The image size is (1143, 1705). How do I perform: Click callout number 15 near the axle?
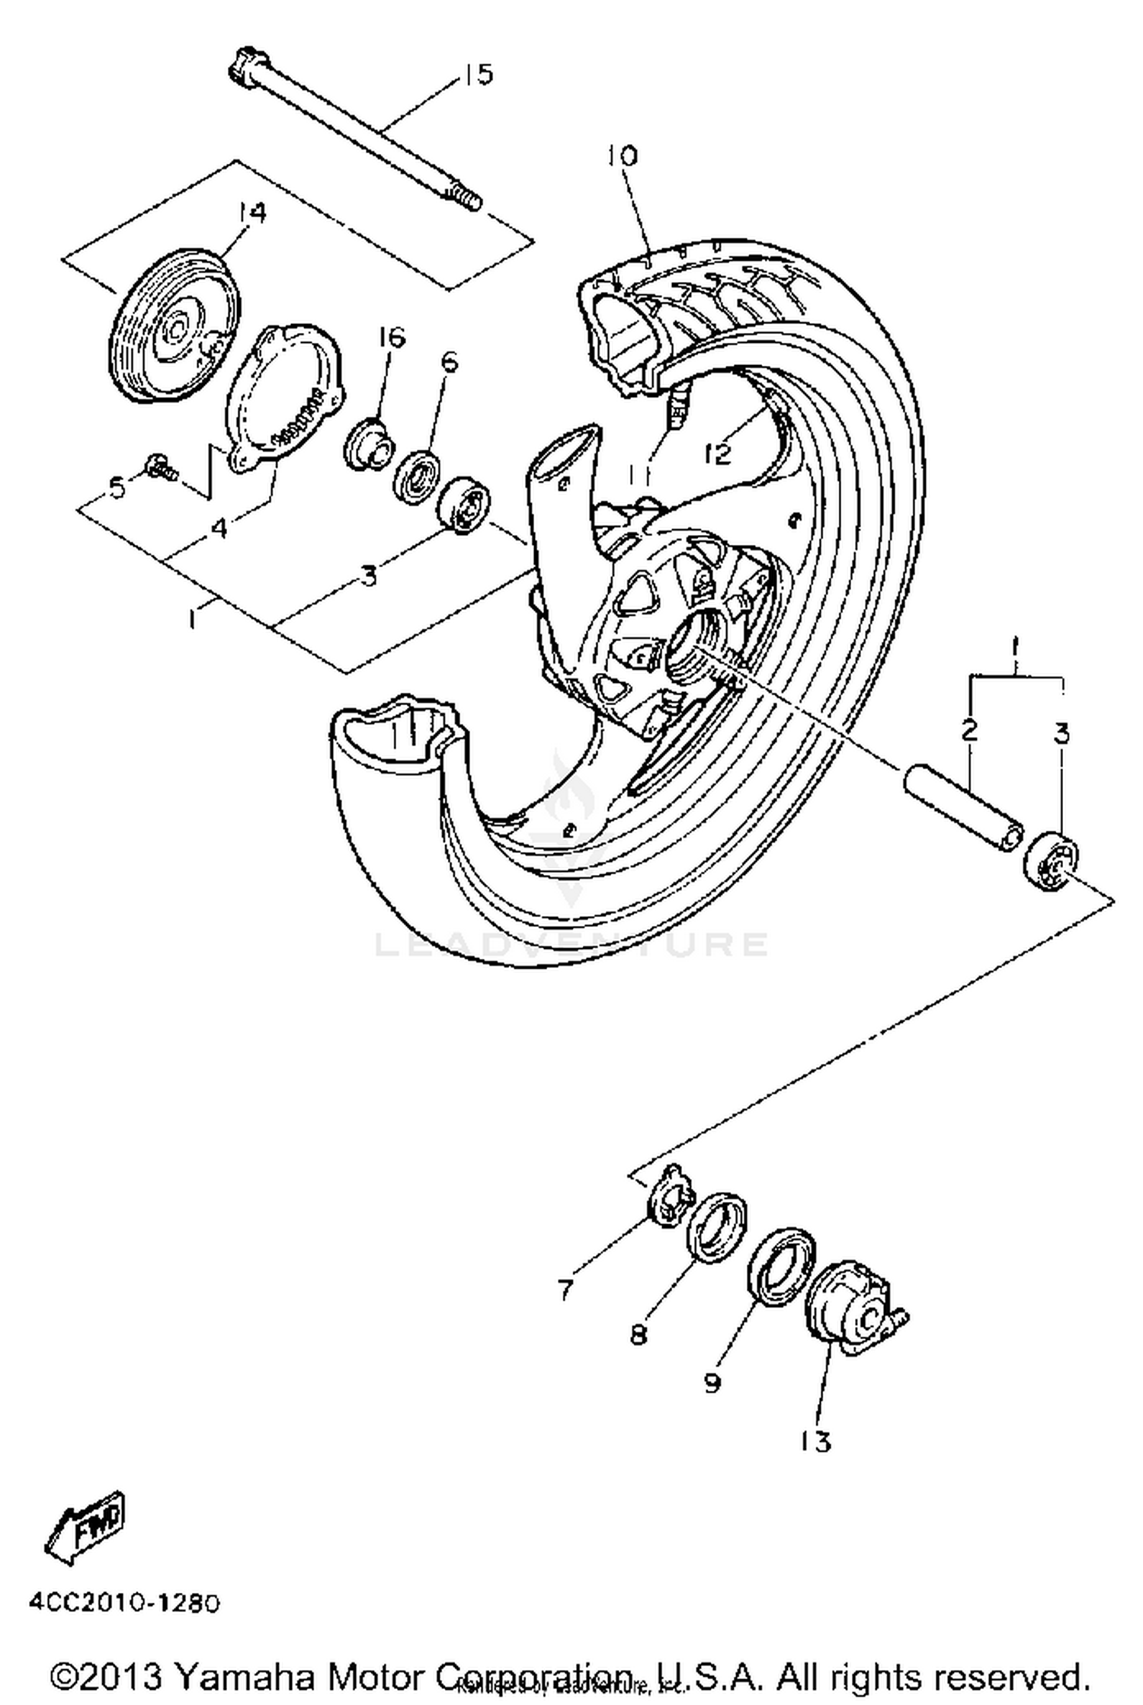pyautogui.click(x=478, y=75)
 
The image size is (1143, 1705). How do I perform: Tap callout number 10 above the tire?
pyautogui.click(x=622, y=156)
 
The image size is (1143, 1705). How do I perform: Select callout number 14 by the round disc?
pyautogui.click(x=250, y=213)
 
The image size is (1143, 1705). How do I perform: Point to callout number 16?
pyautogui.click(x=392, y=338)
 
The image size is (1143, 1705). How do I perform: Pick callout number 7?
pyautogui.click(x=565, y=1290)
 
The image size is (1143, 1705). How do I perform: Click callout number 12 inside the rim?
pyautogui.click(x=718, y=453)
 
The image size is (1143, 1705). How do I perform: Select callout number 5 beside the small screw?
pyautogui.click(x=118, y=487)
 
